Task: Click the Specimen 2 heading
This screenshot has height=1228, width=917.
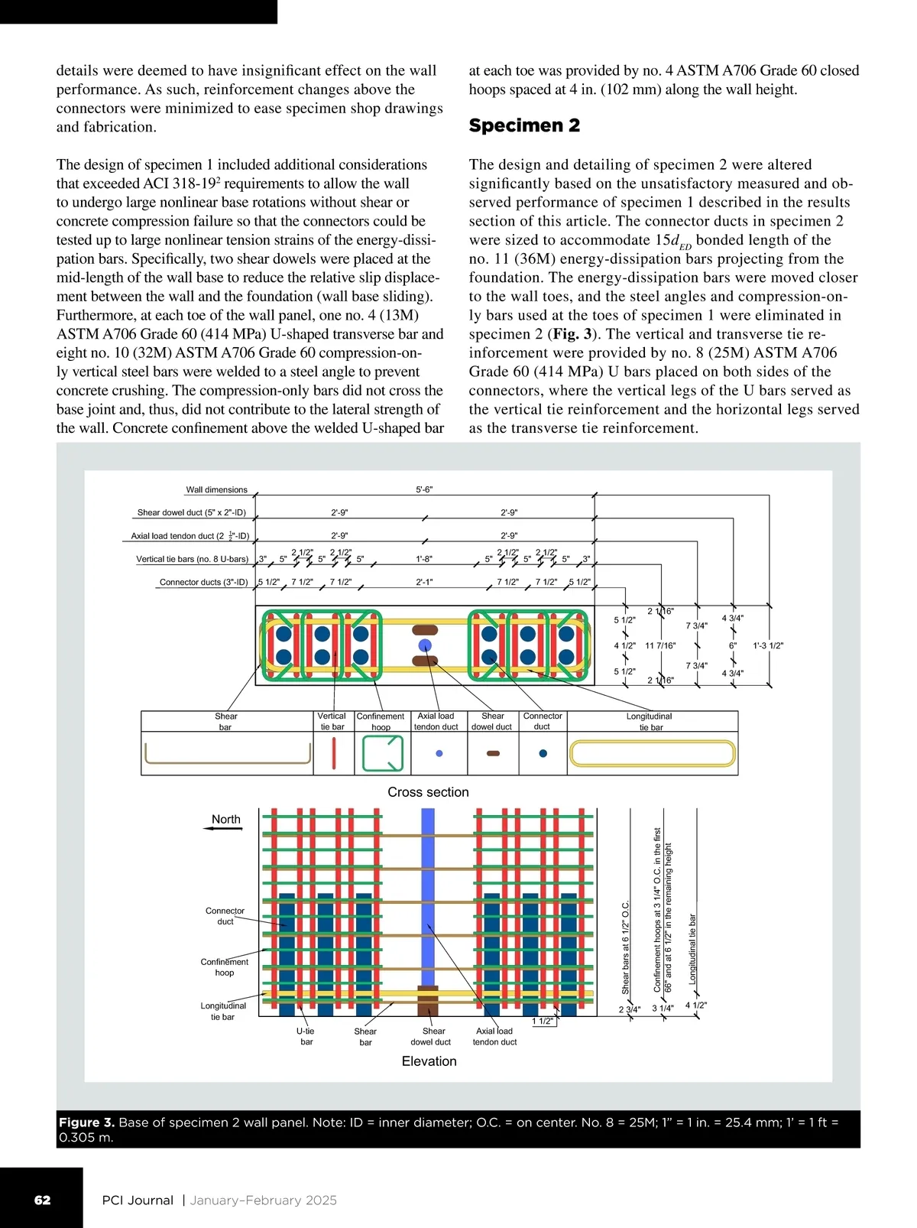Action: click(x=524, y=125)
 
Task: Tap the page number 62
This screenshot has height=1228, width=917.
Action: click(x=43, y=1200)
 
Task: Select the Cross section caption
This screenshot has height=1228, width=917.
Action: click(x=428, y=792)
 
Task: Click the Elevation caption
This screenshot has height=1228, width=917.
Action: click(x=429, y=1061)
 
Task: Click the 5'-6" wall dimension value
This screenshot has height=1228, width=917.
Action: click(x=424, y=489)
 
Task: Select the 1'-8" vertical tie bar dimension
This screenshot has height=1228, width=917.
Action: click(x=424, y=559)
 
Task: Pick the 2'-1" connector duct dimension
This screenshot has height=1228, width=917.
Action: click(x=424, y=582)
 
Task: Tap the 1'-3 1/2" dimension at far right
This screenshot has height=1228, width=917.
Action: click(x=768, y=645)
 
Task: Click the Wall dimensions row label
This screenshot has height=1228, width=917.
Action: click(x=217, y=489)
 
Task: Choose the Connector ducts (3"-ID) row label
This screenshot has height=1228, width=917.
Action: click(x=203, y=582)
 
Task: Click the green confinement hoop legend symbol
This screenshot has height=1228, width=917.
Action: click(x=382, y=754)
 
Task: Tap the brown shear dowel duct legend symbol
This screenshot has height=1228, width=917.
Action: click(x=493, y=754)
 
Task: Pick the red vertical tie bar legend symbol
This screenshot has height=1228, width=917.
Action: click(x=334, y=754)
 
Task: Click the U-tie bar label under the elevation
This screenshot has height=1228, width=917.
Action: click(x=306, y=1036)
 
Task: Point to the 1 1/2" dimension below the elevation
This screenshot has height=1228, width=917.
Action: click(x=543, y=1022)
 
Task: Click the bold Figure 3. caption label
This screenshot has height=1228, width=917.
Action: click(x=86, y=1122)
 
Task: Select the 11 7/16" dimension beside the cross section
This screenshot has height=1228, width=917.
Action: click(x=660, y=645)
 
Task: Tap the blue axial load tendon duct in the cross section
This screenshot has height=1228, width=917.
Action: click(x=426, y=645)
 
